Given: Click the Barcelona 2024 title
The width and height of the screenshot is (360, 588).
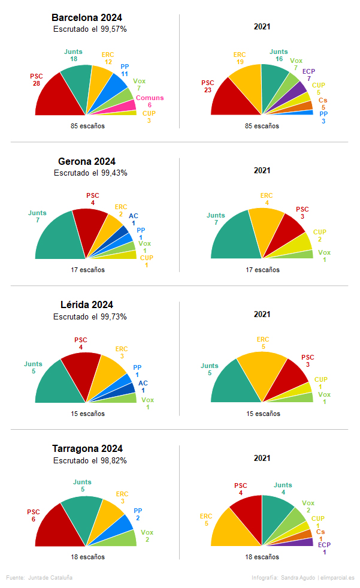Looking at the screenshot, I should [x=87, y=17].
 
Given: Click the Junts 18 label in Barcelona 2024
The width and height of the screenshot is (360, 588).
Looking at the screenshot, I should [x=73, y=55].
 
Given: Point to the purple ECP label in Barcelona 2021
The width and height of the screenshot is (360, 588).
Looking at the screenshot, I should [x=308, y=74].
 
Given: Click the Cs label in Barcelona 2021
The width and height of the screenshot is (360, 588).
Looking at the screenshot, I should [x=323, y=104].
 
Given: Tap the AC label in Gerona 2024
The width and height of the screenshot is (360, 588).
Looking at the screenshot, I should [x=133, y=219].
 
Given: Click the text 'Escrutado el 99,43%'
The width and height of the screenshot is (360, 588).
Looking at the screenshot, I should [x=90, y=173].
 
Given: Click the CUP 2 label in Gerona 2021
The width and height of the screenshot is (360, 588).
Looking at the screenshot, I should [x=320, y=236].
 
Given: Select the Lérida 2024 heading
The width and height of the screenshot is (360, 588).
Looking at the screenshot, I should [x=87, y=304].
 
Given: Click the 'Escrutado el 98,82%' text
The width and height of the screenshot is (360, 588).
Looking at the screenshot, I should [x=90, y=460].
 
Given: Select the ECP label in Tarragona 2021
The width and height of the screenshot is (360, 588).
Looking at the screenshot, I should [x=324, y=548].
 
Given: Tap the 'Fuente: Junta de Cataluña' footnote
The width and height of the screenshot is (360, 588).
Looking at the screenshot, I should [x=40, y=577].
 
